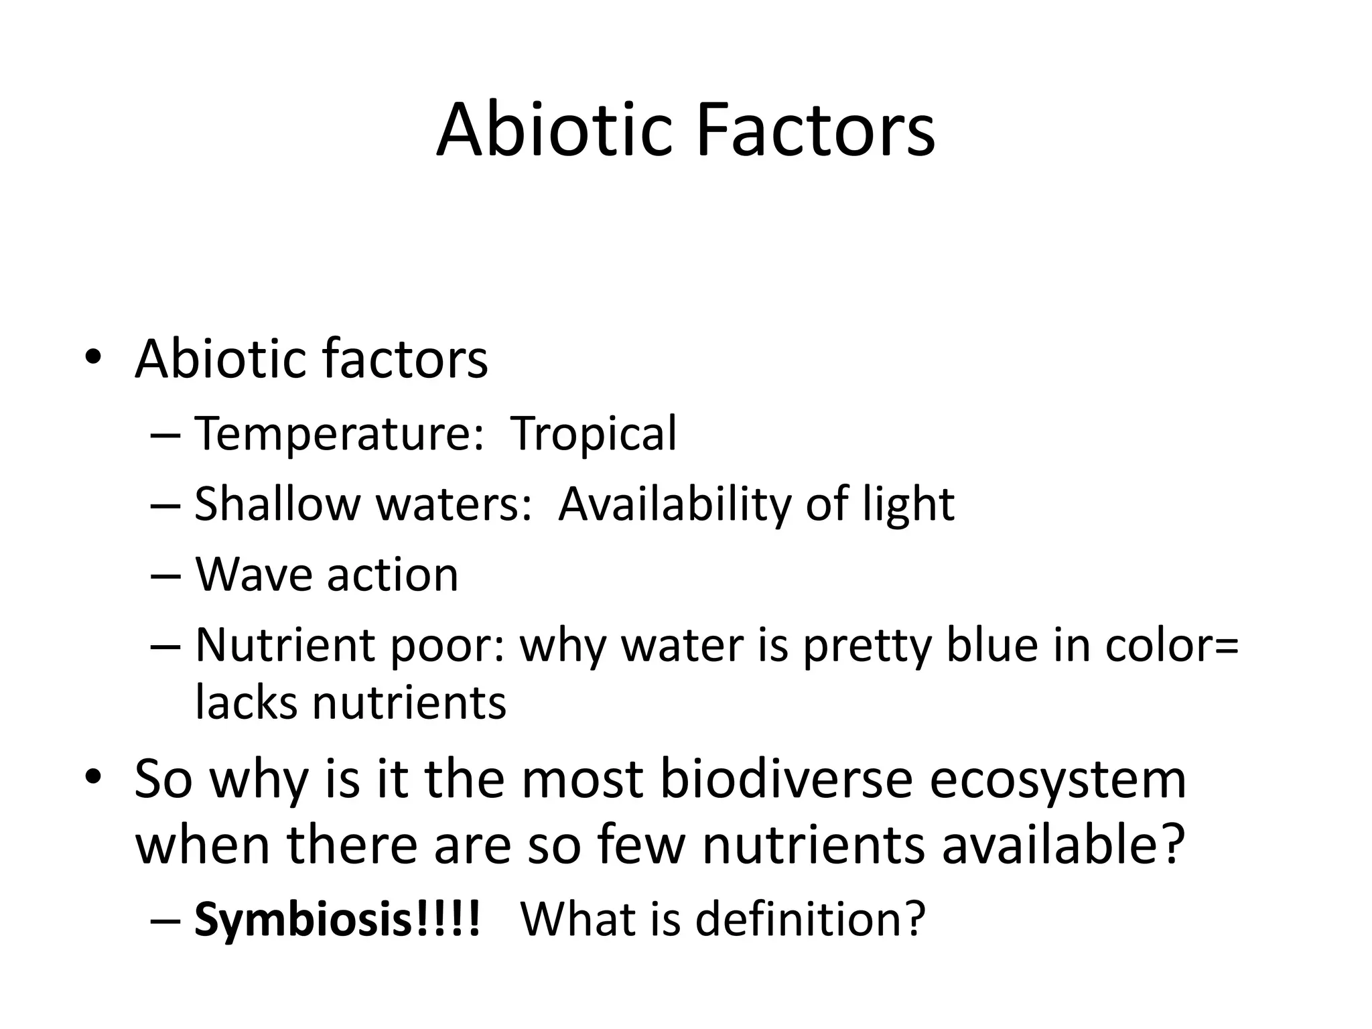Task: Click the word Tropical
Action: coord(594,435)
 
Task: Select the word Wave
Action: coord(253,575)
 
